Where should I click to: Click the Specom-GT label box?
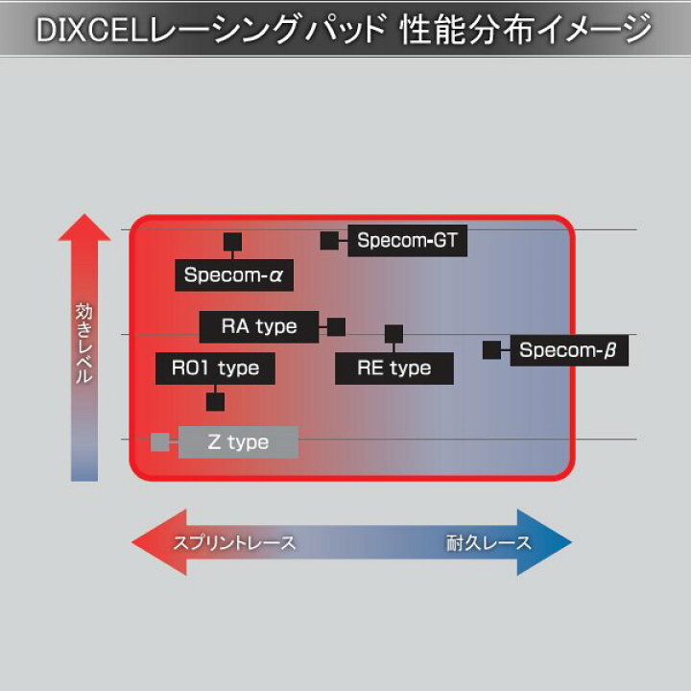407,240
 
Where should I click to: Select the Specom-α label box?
234,275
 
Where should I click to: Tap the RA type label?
259,326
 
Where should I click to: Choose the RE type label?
393,368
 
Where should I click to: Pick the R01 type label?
215,368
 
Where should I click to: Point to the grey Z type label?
238,442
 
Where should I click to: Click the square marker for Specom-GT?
329,240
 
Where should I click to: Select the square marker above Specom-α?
232,242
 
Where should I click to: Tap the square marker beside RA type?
336,326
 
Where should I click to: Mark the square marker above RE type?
393,334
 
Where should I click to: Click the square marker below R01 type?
215,401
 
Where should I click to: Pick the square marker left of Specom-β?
491,350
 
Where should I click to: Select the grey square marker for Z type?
159,442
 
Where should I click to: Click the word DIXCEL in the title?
81,31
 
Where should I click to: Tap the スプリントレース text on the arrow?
234,543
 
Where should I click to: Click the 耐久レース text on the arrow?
488,543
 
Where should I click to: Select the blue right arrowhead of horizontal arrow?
547,542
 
